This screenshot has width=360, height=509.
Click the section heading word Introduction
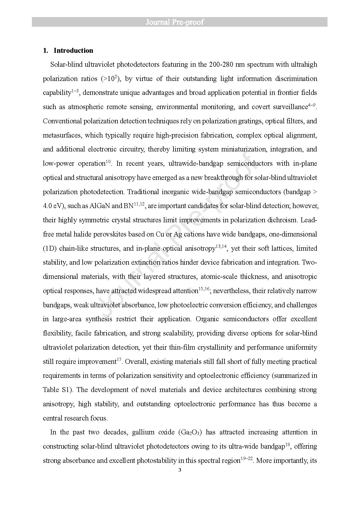73,50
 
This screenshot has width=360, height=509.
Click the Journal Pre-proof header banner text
175,22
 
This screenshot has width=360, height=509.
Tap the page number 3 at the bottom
180,470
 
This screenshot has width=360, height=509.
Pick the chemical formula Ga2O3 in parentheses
190,432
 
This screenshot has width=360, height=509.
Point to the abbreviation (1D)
49,248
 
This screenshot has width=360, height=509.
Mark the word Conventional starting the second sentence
62,121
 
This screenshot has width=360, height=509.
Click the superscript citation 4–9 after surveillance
311,105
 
